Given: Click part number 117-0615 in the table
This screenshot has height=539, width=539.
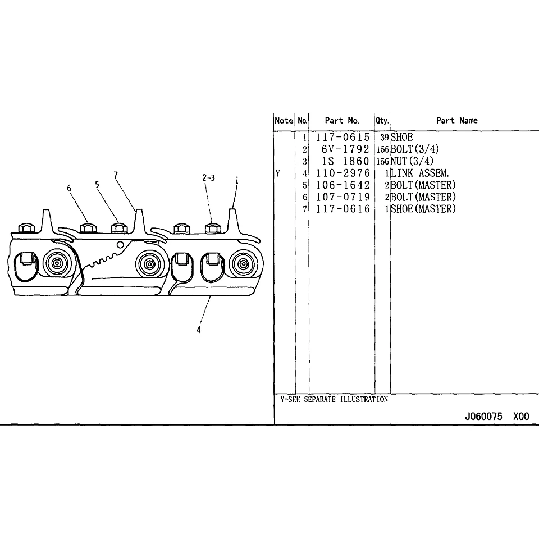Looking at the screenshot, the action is click(x=342, y=137).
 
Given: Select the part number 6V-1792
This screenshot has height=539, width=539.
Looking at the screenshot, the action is click(x=345, y=149).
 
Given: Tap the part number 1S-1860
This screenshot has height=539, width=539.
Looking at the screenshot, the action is click(x=345, y=161).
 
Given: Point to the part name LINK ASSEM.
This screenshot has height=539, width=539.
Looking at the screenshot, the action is click(x=420, y=173).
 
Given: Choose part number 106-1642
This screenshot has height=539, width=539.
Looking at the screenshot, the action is click(x=342, y=185).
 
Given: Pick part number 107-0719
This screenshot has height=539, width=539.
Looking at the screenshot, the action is click(x=342, y=197).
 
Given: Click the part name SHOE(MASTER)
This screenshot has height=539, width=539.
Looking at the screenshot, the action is click(x=423, y=209).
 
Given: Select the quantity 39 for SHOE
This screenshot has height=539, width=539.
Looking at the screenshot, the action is click(x=384, y=137).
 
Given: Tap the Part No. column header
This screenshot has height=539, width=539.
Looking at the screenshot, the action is click(x=342, y=120).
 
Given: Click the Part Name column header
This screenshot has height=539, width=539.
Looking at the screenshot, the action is click(x=457, y=120).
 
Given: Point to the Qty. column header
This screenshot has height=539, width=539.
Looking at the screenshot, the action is click(x=382, y=121).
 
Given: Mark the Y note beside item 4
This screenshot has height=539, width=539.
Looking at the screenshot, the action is click(x=278, y=173).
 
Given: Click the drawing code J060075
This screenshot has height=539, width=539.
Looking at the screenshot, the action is click(x=483, y=416).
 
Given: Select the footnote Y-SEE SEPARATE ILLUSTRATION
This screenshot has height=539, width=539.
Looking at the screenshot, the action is click(x=334, y=399).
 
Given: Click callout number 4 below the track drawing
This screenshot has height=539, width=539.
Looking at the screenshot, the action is click(x=199, y=330).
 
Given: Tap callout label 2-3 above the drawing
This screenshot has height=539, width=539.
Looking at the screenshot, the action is click(x=208, y=178).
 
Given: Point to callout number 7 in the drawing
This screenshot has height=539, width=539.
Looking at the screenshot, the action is click(x=116, y=175).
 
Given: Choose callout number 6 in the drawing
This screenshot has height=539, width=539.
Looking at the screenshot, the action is click(x=69, y=189).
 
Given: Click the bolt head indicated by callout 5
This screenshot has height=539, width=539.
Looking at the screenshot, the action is click(x=119, y=228).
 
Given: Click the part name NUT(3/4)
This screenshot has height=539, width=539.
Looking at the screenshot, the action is click(x=412, y=161).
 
